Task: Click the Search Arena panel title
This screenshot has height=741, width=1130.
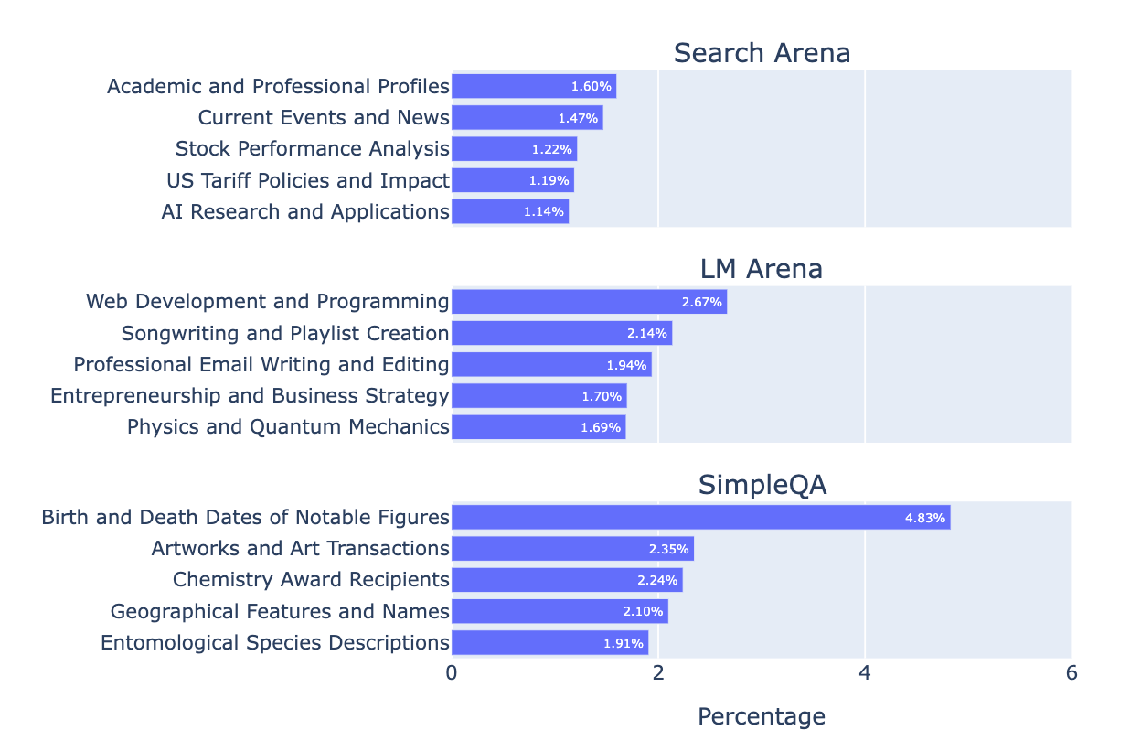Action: pyautogui.click(x=762, y=53)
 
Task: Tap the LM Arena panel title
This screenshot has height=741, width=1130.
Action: pyautogui.click(x=762, y=269)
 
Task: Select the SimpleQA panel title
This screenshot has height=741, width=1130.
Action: pyautogui.click(x=762, y=485)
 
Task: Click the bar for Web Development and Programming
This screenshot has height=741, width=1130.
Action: pyautogui.click(x=589, y=302)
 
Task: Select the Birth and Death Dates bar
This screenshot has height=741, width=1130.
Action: pyautogui.click(x=700, y=517)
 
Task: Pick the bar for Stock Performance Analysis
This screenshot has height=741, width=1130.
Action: pyautogui.click(x=514, y=149)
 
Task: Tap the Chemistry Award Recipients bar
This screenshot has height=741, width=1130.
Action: pyautogui.click(x=567, y=580)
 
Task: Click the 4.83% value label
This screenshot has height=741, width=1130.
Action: pyautogui.click(x=924, y=518)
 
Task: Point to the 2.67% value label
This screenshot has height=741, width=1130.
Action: pyautogui.click(x=702, y=302)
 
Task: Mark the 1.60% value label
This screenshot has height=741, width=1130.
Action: pyautogui.click(x=591, y=87)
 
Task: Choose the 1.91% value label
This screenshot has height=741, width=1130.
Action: pyautogui.click(x=623, y=643)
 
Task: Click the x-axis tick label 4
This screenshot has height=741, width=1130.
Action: pyautogui.click(x=865, y=673)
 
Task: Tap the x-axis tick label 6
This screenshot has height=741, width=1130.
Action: pyautogui.click(x=1071, y=673)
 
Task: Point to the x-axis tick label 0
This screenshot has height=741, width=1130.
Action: pyautogui.click(x=452, y=673)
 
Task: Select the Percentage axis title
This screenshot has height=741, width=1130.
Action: pyautogui.click(x=762, y=716)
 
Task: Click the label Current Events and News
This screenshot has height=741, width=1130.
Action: pyautogui.click(x=324, y=118)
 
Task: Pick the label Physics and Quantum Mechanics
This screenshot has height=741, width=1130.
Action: pyautogui.click(x=288, y=427)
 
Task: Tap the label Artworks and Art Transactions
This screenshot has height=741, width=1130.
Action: pyautogui.click(x=300, y=549)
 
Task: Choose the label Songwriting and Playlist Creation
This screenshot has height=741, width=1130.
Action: pyautogui.click(x=285, y=333)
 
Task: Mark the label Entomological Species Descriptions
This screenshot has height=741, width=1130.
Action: pyautogui.click(x=275, y=643)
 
